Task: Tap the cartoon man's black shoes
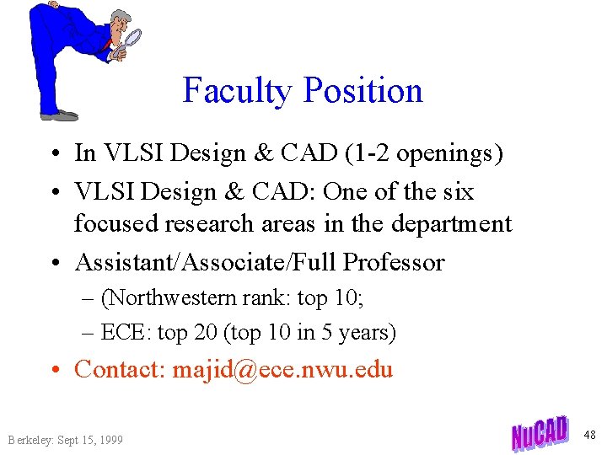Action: point(61,114)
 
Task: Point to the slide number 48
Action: point(589,435)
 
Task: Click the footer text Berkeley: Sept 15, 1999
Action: point(65,440)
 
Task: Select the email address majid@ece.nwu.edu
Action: point(282,369)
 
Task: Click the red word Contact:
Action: point(121,369)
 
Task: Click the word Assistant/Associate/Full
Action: point(206,262)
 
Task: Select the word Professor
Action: point(393,262)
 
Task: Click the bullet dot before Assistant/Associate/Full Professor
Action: point(56,263)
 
